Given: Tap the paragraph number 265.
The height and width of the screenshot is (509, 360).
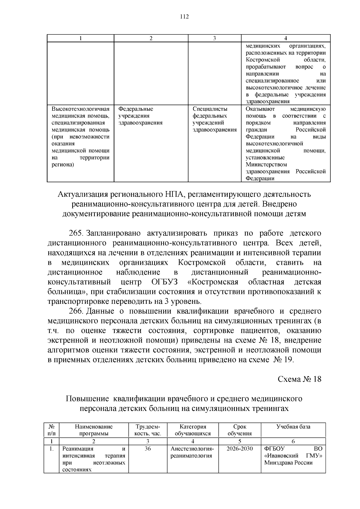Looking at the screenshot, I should (76, 233).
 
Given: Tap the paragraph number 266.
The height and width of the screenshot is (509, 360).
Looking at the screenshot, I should (76, 311).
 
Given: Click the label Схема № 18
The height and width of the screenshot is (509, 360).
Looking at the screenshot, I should (299, 379).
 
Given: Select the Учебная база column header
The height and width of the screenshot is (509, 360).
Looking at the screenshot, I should (293, 427).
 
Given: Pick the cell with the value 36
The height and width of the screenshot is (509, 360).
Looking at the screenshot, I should (148, 449).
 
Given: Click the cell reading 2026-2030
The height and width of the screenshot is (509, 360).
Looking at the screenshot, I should (239, 449).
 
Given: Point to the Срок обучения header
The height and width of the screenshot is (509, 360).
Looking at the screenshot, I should (239, 430).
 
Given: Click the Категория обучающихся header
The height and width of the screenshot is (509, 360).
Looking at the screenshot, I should (193, 430).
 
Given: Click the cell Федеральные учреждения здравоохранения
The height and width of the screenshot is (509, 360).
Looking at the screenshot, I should (140, 116).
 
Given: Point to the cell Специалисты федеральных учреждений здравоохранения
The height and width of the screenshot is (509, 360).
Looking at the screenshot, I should (214, 119).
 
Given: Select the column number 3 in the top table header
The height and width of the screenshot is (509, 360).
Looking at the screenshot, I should (214, 38).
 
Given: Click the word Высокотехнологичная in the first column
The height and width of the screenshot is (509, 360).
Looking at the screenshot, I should (80, 109).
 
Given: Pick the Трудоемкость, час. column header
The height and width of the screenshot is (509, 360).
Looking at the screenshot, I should (148, 430).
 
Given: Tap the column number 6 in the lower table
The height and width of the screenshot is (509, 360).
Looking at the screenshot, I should (293, 441).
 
